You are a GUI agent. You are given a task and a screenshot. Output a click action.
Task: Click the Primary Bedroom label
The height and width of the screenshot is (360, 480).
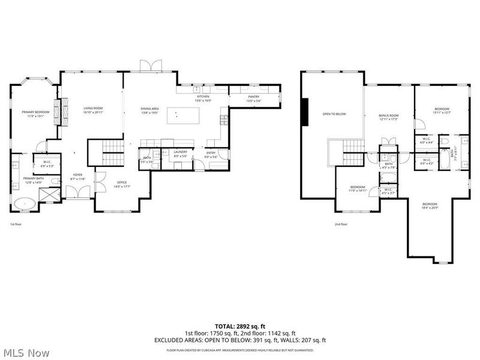coord(35,114)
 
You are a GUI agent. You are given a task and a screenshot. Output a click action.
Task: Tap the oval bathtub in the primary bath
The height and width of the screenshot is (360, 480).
coord(25,203)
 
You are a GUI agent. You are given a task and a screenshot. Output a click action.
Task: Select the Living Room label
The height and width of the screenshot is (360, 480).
coord(94,110)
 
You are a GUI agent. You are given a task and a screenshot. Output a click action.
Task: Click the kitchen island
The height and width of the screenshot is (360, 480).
coord(179,115)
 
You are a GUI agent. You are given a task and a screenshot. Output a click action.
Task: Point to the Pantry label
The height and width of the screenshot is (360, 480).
coord(254,98)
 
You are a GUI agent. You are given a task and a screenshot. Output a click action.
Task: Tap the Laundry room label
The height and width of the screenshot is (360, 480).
coord(181,154)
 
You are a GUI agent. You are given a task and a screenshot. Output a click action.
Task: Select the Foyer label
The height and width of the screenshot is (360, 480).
coord(78,176)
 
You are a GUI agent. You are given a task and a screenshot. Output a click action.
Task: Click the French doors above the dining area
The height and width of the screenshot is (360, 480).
coord(147,65)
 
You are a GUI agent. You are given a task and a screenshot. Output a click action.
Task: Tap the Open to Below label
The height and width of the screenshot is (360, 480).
coord(334,113)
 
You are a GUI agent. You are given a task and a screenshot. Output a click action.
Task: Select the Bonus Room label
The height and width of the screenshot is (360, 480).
coord(389,117)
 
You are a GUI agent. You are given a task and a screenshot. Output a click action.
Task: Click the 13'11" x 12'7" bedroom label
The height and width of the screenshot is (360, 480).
coord(442,110)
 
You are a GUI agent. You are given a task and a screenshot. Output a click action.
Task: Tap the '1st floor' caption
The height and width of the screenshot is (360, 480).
coord(16,224)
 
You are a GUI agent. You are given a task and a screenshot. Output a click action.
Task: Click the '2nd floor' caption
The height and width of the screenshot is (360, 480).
coord(341,224)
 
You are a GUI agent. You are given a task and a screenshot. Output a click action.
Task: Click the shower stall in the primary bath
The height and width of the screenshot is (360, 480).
coord(50,196)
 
